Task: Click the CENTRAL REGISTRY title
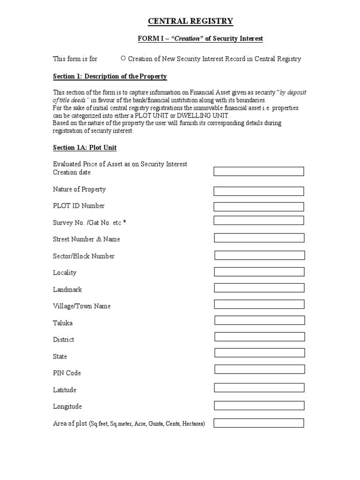(x=190, y=21)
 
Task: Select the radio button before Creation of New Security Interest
(x=123, y=59)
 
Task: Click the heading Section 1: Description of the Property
(x=110, y=76)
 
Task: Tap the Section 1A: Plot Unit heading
(x=85, y=148)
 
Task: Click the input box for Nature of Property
(x=259, y=191)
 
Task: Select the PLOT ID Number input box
(x=259, y=207)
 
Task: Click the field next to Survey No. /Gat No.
(x=259, y=220)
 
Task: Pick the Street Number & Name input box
(x=259, y=238)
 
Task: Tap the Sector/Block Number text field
(x=260, y=255)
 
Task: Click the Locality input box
(x=259, y=272)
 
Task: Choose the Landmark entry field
(x=259, y=288)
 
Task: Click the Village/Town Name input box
(x=259, y=304)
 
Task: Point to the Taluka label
(x=63, y=323)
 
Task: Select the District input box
(x=260, y=337)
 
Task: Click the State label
(x=60, y=357)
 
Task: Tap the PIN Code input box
(x=259, y=369)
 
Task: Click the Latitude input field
(x=259, y=387)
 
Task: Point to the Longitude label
(x=67, y=406)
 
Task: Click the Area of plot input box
(x=259, y=423)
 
